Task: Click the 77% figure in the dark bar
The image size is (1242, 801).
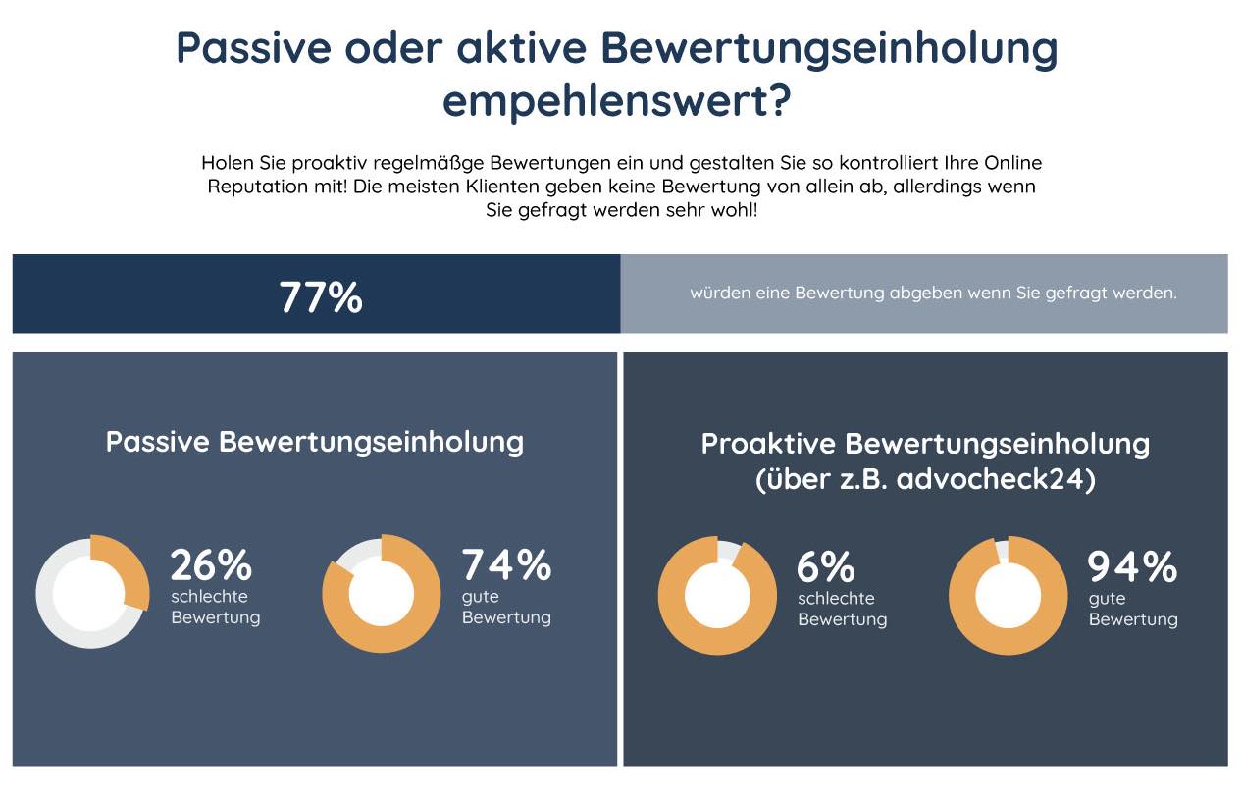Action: click(321, 296)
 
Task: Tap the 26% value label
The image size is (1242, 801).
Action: click(211, 565)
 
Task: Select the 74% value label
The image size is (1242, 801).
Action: click(506, 565)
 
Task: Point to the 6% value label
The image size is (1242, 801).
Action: click(826, 567)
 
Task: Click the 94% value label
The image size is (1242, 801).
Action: click(1132, 567)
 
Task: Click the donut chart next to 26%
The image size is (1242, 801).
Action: click(92, 591)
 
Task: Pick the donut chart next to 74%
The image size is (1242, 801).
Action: click(382, 593)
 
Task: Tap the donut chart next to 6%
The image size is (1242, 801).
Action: click(717, 595)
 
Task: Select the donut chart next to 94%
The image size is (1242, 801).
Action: click(1008, 595)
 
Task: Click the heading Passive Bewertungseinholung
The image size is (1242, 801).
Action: click(314, 441)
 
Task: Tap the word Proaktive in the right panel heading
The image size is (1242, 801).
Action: click(767, 444)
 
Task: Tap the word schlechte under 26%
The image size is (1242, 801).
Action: click(209, 596)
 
